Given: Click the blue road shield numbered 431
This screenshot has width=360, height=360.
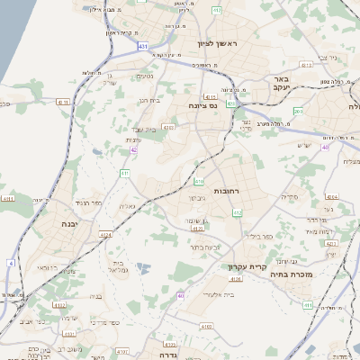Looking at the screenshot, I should (143, 44).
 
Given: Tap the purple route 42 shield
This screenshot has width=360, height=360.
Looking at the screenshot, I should (133, 150).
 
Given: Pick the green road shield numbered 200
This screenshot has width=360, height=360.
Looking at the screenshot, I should (298, 111).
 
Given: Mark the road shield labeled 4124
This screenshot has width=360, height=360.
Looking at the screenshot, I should (106, 235).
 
